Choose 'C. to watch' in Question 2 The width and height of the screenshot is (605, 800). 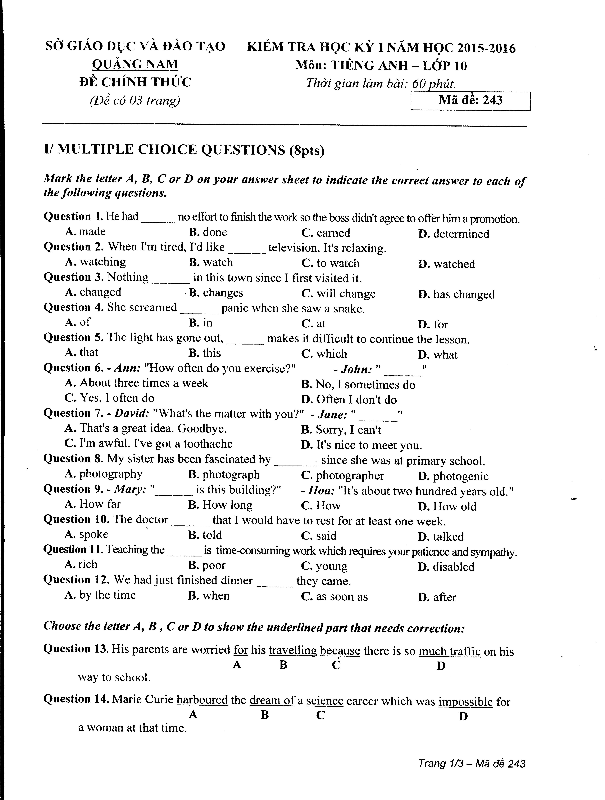pos(330,263)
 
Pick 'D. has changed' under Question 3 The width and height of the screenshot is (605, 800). pos(456,294)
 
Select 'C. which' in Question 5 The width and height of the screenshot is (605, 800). pos(324,354)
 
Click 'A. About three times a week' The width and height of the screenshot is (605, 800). pos(136,383)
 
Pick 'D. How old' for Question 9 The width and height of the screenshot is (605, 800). pos(447,506)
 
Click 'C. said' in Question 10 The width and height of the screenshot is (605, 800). pos(318,536)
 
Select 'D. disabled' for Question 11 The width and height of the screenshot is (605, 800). pos(446,567)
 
